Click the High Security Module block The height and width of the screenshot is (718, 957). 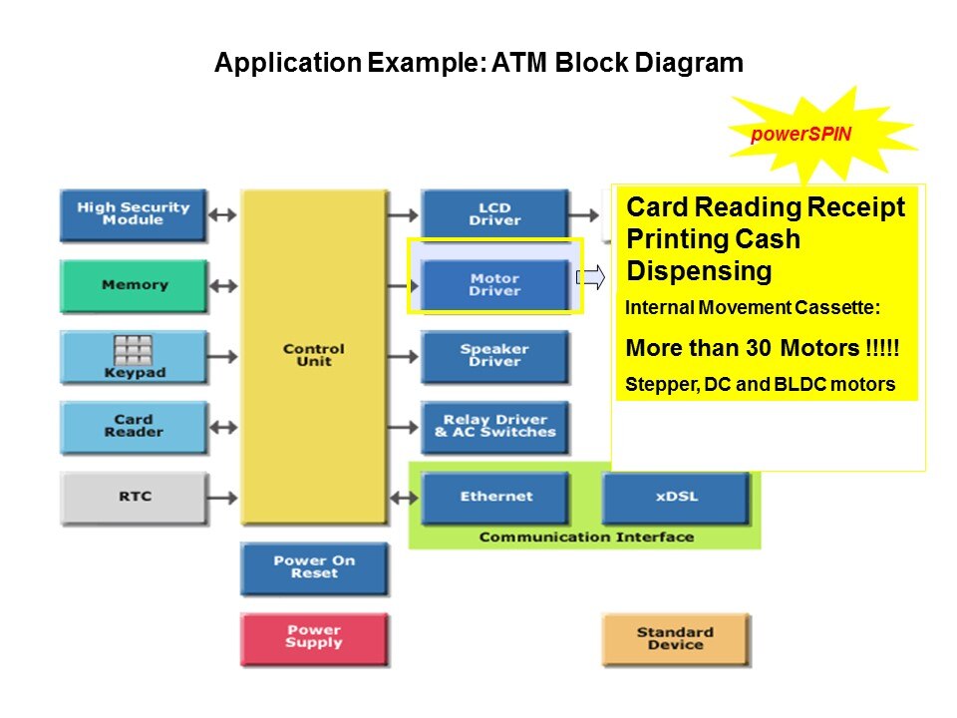pos(133,214)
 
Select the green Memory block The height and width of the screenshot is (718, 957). pos(134,286)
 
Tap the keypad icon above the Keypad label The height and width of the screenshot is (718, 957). pos(133,349)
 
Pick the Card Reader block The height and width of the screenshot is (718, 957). pos(133,427)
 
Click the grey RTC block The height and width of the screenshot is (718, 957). pos(134,497)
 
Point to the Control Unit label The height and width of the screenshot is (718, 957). pos(313,355)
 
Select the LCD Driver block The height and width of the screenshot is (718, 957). pos(494,214)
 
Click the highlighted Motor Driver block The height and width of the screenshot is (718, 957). pos(494,285)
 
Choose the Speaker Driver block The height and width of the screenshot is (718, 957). pos(494,356)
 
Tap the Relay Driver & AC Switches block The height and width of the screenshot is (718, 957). pos(494,427)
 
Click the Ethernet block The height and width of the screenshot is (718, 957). pos(495,497)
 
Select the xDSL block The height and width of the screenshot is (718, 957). pos(676,497)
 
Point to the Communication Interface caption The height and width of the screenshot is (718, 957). pos(585,538)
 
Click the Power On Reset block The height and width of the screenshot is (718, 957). pos(314,567)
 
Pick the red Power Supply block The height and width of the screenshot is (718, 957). pos(314,638)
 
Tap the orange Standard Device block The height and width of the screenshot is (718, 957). pos(675,638)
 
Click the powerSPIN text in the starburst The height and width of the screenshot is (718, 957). pos(800,134)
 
